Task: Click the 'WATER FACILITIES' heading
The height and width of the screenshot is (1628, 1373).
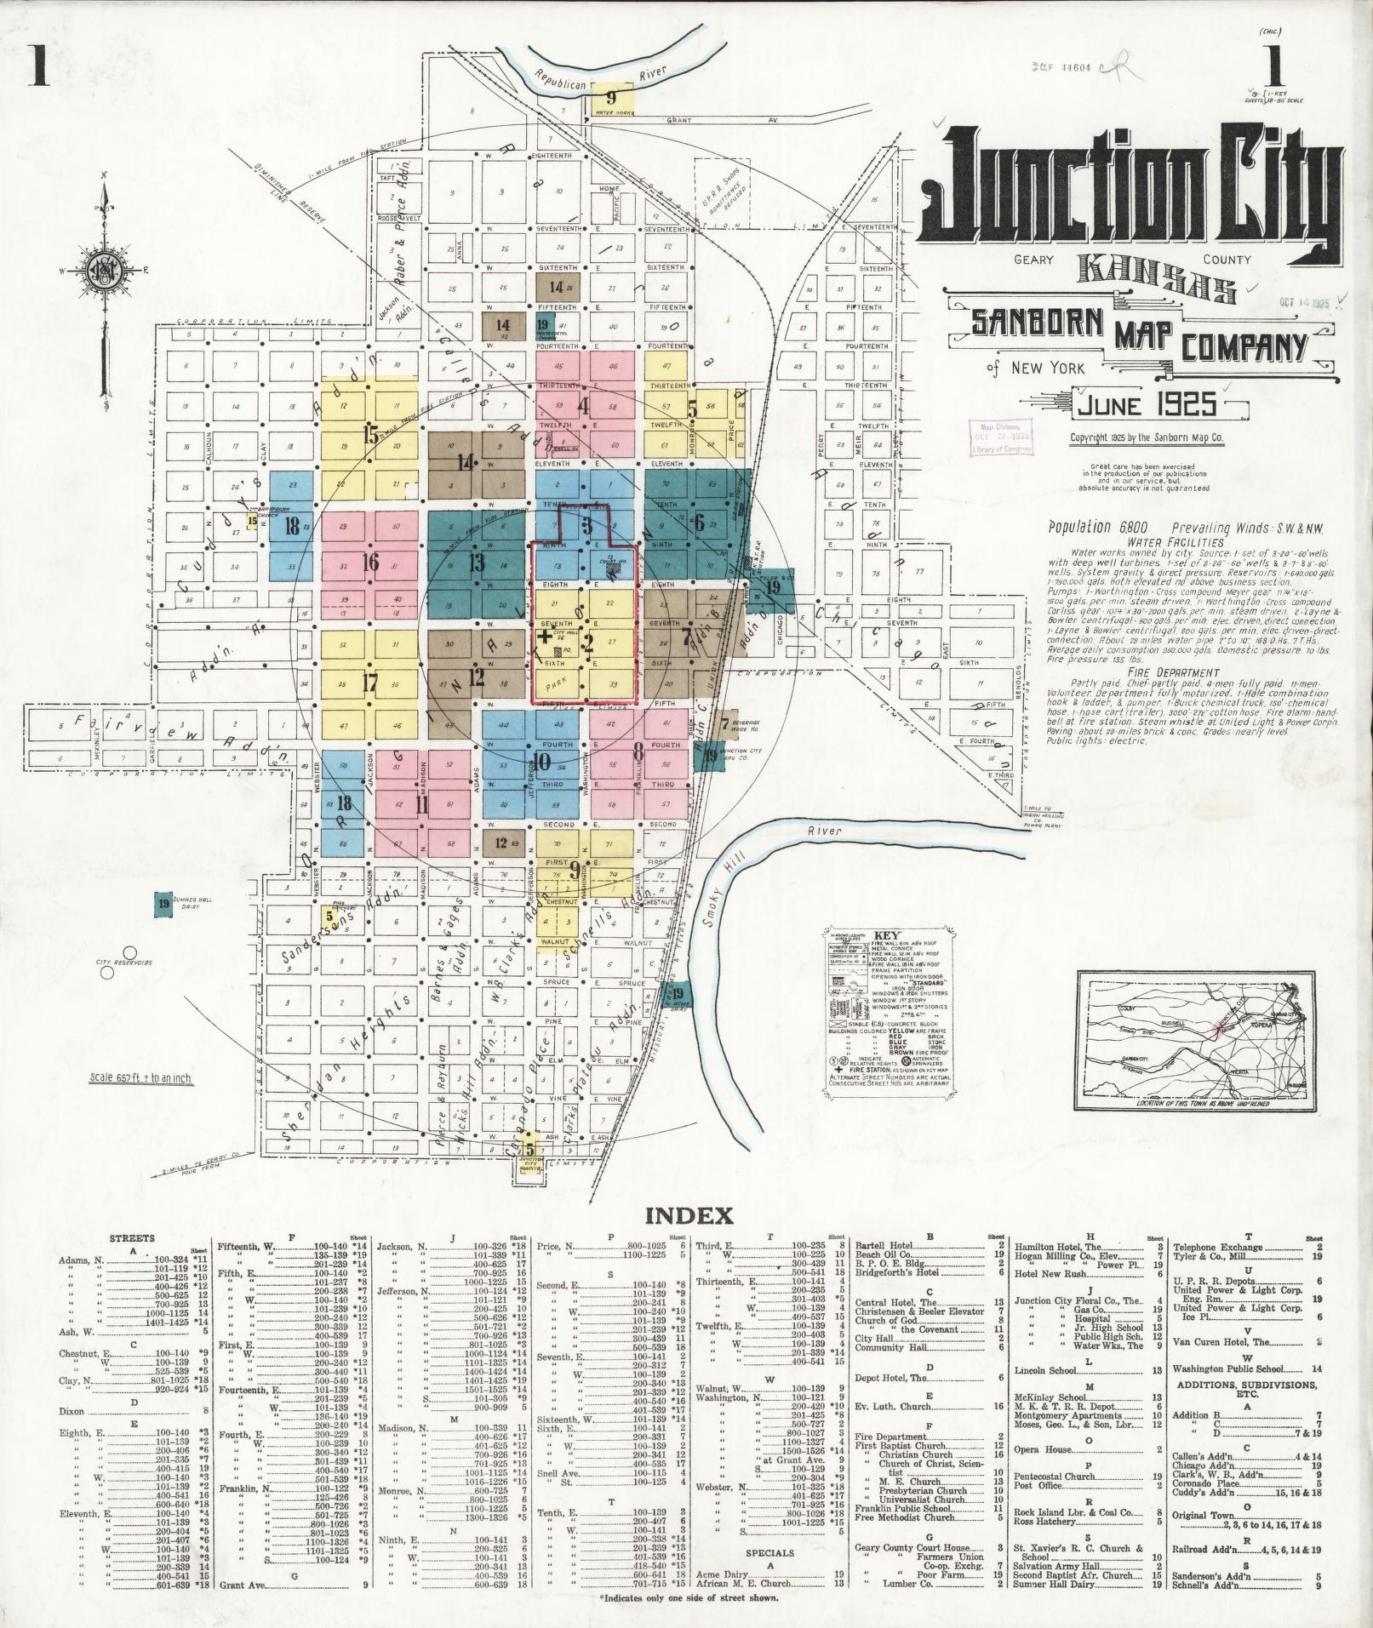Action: (x=1176, y=541)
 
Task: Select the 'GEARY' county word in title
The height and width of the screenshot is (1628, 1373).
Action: (x=1034, y=260)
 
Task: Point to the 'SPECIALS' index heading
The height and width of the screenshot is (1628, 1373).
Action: (x=769, y=1552)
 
